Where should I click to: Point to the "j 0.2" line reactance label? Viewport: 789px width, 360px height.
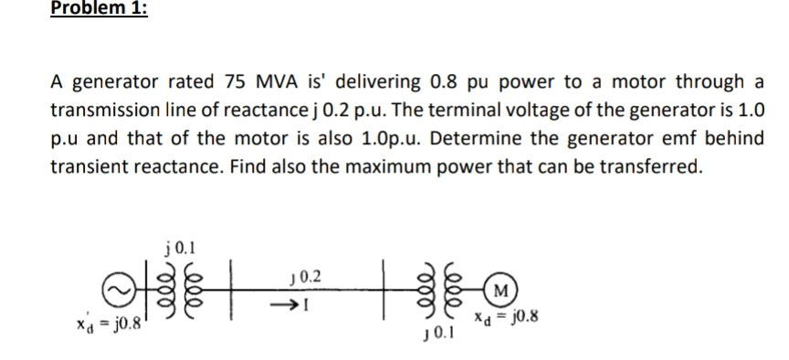pos(304,274)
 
